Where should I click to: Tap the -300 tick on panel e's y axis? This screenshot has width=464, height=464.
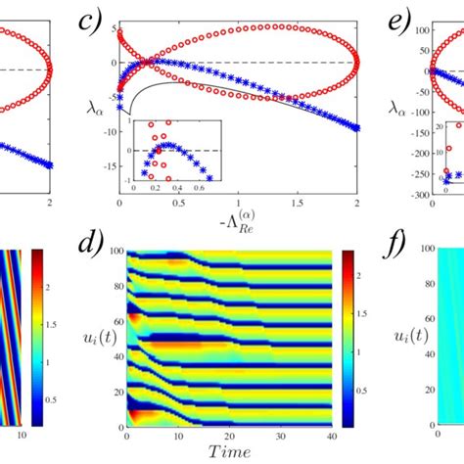416,196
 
